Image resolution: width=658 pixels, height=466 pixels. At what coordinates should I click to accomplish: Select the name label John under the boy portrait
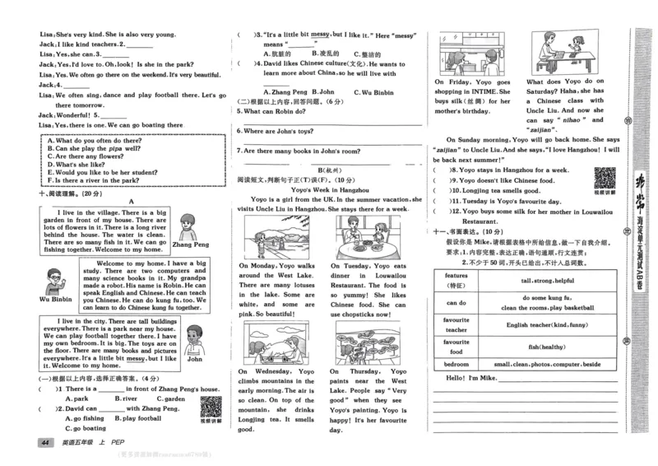click(x=194, y=359)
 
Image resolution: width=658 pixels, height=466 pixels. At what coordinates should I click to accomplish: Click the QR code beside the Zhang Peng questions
click(x=211, y=407)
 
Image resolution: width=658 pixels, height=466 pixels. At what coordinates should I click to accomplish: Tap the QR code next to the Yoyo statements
click(x=605, y=178)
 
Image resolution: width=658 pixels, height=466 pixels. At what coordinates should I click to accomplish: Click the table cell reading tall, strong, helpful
click(x=548, y=280)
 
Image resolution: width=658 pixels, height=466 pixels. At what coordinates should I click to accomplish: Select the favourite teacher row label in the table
click(x=456, y=324)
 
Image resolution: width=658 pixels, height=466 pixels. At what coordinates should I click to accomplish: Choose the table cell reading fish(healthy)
click(x=548, y=347)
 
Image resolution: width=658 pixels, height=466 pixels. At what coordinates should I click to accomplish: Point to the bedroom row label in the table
click(x=456, y=363)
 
